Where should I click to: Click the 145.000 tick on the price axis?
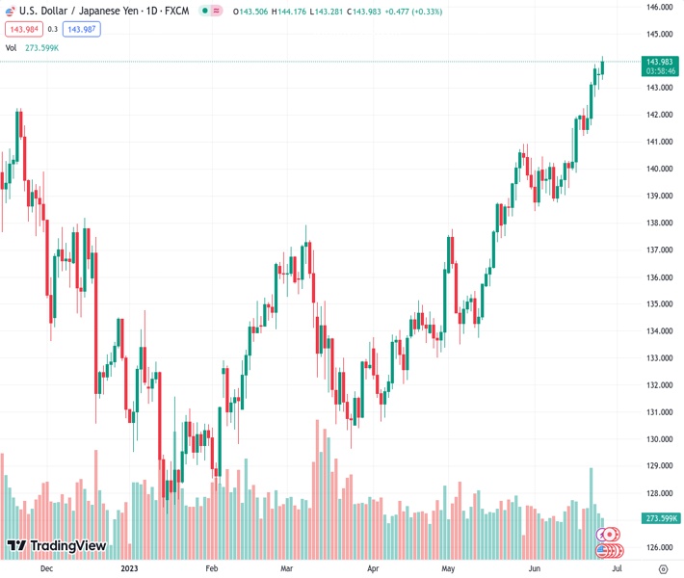[x=660, y=34]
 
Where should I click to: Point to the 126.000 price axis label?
[x=660, y=547]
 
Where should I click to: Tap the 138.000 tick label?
[x=660, y=223]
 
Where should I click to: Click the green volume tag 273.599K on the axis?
[x=660, y=518]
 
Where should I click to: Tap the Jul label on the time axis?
[x=615, y=569]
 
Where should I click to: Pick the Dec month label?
[x=45, y=569]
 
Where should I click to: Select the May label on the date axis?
[x=446, y=569]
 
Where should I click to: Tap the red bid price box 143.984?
[x=24, y=29]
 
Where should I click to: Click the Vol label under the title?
[x=11, y=47]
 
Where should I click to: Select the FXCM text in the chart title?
[x=174, y=11]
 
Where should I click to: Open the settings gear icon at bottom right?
[x=663, y=569]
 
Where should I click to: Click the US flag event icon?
[x=608, y=551]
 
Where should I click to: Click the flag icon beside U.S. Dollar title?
[x=11, y=11]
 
